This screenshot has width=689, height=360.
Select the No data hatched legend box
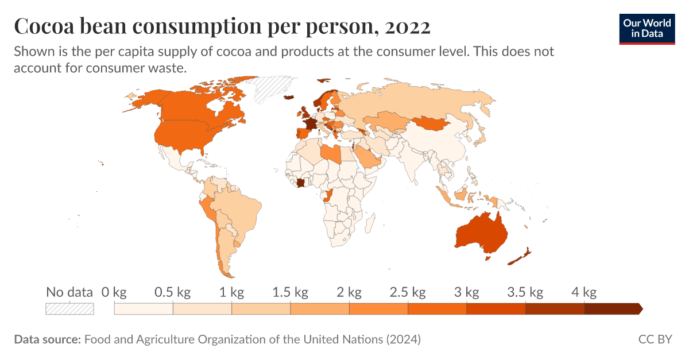pos(69,309)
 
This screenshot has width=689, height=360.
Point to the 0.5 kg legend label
pos(172,293)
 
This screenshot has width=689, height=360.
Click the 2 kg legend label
pos(349,293)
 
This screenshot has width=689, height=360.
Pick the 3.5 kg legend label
pos(525,293)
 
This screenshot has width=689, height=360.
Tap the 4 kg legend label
pos(584,293)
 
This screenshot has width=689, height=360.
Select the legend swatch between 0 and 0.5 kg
pos(144,309)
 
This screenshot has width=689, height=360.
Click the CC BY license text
pos(655,339)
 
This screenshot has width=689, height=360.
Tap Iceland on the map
pos(289,97)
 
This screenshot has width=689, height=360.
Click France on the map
pos(310,124)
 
